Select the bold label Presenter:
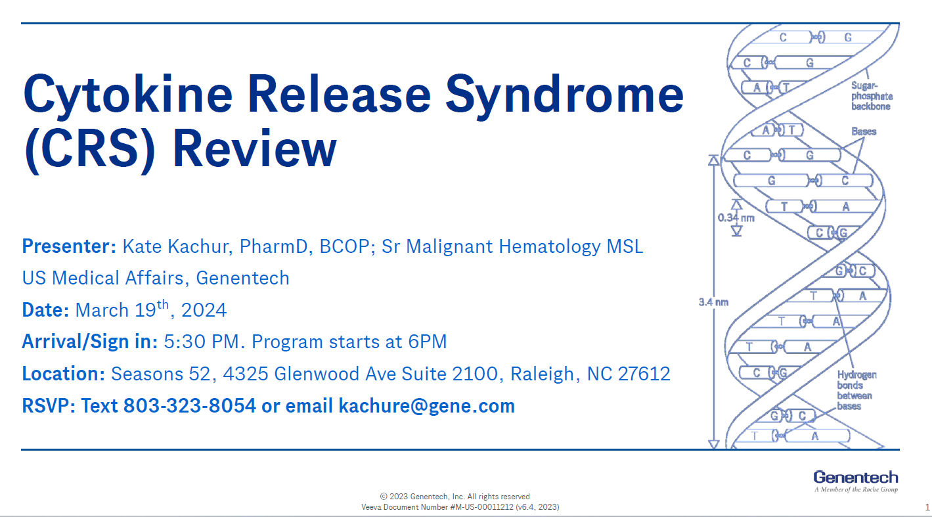click(69, 246)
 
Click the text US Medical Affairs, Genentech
click(156, 278)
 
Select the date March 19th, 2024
click(151, 309)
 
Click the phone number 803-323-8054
click(190, 405)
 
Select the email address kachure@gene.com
click(426, 405)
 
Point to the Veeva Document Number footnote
click(460, 507)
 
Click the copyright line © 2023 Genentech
click(455, 497)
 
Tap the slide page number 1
click(927, 507)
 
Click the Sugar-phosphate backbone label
click(872, 96)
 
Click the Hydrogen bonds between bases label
click(856, 390)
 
